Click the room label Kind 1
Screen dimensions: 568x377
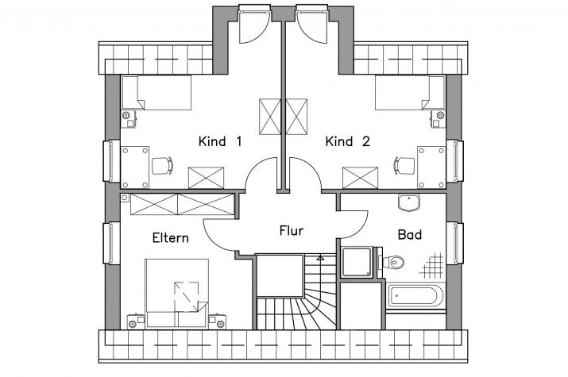point(220,141)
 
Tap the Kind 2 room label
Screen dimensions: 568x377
point(348,141)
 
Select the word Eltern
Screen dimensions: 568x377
point(171,237)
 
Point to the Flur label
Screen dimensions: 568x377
point(292,230)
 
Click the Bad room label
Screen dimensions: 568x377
point(410,234)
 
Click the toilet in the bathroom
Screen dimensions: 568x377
point(391,262)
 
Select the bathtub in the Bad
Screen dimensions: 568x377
point(415,296)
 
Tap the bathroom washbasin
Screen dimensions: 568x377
point(409,202)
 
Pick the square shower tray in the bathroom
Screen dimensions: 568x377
point(357,262)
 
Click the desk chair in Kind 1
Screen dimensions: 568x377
point(162,166)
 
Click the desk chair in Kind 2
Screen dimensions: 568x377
point(404,166)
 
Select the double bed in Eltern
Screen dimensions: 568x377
point(177,294)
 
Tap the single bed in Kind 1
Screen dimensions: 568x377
point(156,92)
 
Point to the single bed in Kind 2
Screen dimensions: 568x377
point(410,92)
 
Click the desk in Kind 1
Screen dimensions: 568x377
point(135,167)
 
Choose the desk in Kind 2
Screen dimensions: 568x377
point(431,167)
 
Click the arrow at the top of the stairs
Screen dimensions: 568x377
point(320,258)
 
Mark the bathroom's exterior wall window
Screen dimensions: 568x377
point(456,243)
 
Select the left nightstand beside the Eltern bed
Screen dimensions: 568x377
point(136,321)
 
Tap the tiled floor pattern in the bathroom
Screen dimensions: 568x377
point(432,266)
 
